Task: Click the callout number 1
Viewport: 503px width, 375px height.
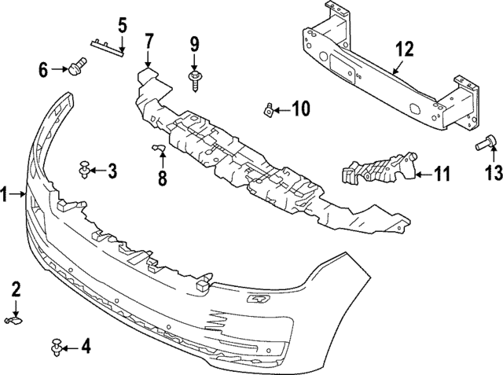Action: pos(6,193)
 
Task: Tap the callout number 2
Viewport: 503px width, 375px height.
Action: pos(16,290)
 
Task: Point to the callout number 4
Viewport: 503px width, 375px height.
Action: pos(86,346)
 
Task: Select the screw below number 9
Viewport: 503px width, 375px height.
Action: pos(193,76)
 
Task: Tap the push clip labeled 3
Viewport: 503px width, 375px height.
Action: pos(84,167)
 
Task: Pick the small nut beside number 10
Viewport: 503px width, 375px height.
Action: pos(268,108)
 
